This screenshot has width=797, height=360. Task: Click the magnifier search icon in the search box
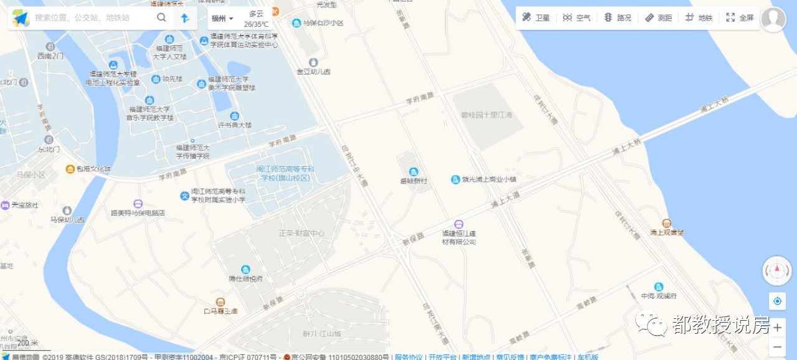[161, 17]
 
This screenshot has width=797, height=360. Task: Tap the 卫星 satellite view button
[536, 18]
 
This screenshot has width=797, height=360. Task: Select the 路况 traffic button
[618, 18]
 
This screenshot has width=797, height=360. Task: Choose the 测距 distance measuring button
[658, 18]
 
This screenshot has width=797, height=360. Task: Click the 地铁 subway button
[699, 18]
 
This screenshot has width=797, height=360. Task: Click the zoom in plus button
[777, 328]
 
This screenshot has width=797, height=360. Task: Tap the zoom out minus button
[777, 347]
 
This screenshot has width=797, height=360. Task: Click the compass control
[777, 270]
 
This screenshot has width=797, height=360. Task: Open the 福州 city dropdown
[222, 18]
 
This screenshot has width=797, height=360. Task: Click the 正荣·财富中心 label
[301, 233]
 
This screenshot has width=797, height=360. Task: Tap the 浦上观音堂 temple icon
[667, 223]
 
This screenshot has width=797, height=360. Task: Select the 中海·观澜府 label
[659, 296]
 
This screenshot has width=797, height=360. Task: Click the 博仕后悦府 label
[246, 278]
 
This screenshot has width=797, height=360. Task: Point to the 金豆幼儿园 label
[313, 72]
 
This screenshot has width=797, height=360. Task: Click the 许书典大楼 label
[235, 125]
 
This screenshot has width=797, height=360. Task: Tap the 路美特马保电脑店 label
[138, 212]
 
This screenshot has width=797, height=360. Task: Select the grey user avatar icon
[773, 19]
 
